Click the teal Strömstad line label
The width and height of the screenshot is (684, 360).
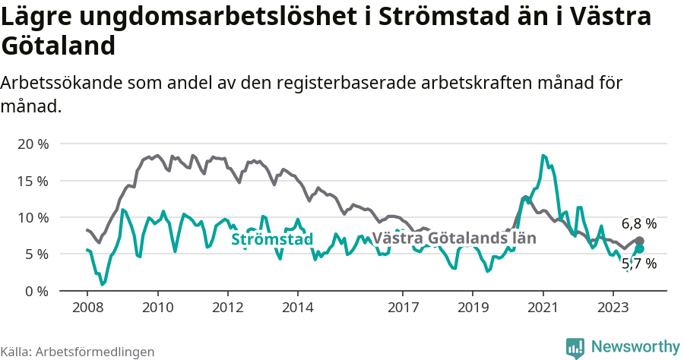272,240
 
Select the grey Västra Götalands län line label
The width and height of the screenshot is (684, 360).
454,238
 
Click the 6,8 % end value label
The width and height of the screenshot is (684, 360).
638,224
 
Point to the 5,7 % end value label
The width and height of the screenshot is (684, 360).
638,264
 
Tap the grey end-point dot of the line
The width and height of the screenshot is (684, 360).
639,241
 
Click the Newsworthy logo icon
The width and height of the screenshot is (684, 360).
575,347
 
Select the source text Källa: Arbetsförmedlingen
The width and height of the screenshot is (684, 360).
78,352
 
